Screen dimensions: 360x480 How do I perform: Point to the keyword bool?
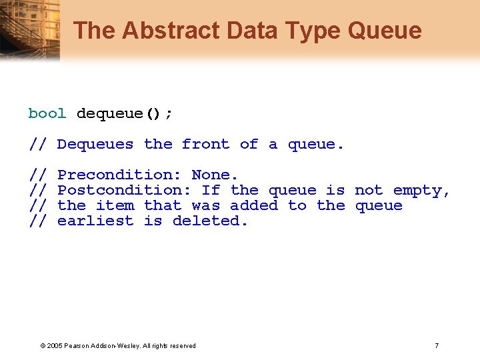point(47,113)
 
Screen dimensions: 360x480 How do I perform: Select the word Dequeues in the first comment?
point(95,144)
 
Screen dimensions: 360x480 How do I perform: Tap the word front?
point(205,144)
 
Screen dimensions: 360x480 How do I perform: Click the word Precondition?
point(119,175)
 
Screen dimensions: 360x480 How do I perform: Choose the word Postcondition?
point(124,190)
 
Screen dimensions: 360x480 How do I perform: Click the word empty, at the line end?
point(422,190)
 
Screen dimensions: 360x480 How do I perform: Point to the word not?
point(369,190)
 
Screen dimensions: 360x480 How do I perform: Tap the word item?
point(115,205)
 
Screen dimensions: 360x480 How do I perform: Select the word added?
point(254,205)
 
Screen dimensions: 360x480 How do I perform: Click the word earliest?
point(95,221)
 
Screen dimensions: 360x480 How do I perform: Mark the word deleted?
point(210,221)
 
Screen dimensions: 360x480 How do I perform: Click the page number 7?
point(437,345)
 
